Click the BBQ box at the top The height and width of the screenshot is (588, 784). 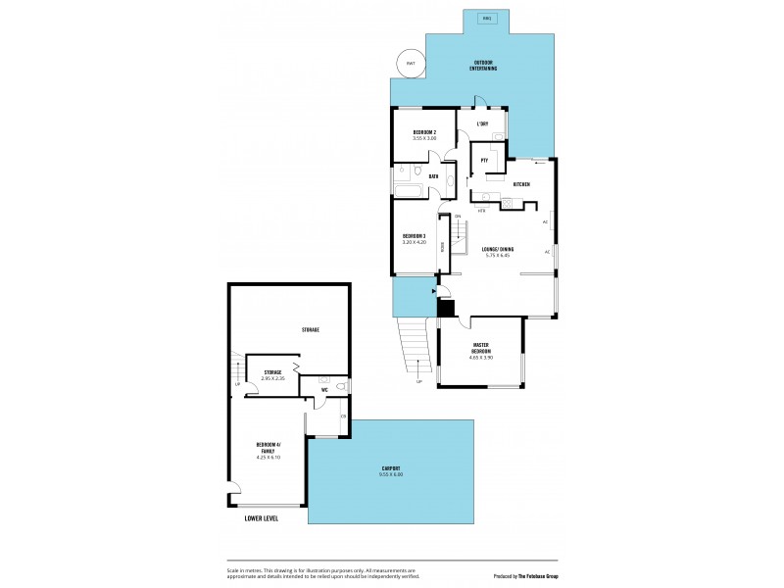pos(487,19)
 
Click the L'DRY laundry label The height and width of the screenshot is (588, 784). pos(482,124)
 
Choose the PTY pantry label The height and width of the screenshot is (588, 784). pos(484,160)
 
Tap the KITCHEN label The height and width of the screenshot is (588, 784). pos(521,184)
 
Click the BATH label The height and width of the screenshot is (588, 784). pos(432,175)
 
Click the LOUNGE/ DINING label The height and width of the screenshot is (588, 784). pos(498,250)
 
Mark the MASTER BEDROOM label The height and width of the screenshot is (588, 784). pos(481,349)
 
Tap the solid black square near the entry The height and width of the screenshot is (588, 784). pos(446,309)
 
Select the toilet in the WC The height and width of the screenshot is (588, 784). pos(339,386)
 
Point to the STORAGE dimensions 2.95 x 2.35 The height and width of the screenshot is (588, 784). pos(272,378)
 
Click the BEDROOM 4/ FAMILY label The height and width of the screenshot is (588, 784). pos(269,448)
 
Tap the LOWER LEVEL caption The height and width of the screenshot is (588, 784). pos(261,517)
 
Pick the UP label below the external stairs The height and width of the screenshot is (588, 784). pos(418,381)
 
